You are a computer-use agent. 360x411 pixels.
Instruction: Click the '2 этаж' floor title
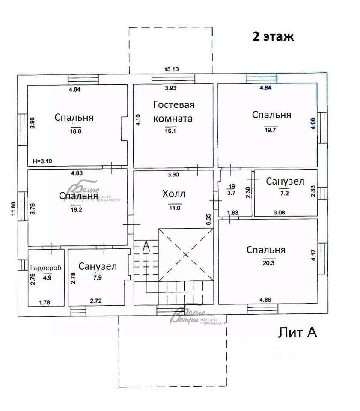click(273, 36)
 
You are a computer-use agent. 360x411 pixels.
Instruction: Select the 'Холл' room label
click(174, 194)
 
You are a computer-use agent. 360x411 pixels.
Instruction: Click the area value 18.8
click(75, 131)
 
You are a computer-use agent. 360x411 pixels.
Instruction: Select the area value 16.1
click(170, 131)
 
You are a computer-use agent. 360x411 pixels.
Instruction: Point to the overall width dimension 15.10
click(171, 69)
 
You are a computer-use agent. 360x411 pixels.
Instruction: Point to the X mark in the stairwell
click(185, 255)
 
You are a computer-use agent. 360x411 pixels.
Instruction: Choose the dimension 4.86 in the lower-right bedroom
click(265, 299)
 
